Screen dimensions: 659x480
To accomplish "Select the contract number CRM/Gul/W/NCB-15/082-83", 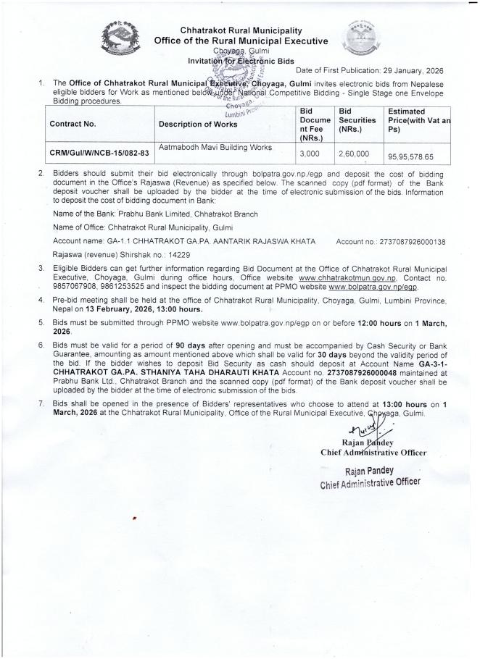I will (99, 153).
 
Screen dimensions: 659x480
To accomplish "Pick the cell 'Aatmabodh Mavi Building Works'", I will (215, 148).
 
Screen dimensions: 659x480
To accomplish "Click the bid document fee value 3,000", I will (310, 154).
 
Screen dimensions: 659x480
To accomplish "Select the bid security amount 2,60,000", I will (353, 154).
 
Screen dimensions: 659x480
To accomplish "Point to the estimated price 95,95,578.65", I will (408, 156).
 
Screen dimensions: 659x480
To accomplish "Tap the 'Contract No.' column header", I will (73, 124).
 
